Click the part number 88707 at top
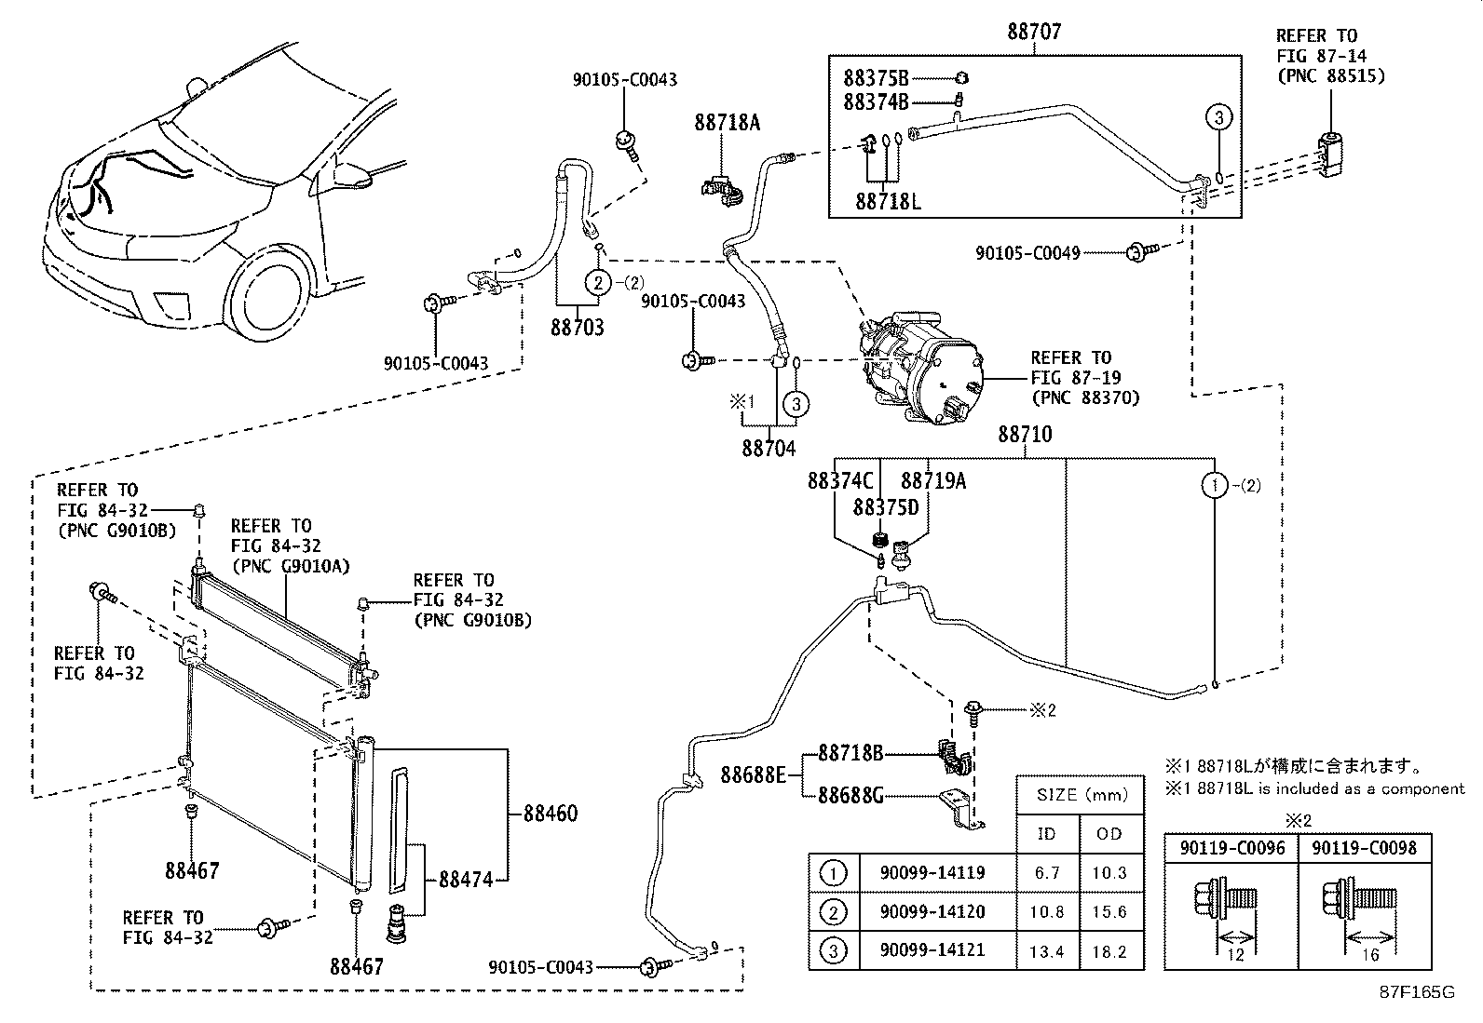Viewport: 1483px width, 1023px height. [1034, 32]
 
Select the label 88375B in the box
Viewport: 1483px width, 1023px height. [876, 78]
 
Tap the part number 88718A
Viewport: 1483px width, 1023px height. [726, 122]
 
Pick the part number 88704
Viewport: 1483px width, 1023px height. [769, 449]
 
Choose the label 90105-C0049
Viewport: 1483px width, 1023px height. [1027, 252]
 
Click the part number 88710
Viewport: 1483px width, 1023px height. [1025, 434]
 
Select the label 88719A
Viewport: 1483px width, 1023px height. [932, 481]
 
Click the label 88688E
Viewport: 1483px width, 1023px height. [753, 774]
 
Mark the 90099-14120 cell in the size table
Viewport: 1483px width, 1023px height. [932, 912]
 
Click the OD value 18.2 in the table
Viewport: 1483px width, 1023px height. [1109, 951]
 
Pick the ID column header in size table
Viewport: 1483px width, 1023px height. [1046, 834]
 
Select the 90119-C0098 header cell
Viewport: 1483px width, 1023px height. [1364, 848]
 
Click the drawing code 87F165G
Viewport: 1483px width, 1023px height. [1417, 992]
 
